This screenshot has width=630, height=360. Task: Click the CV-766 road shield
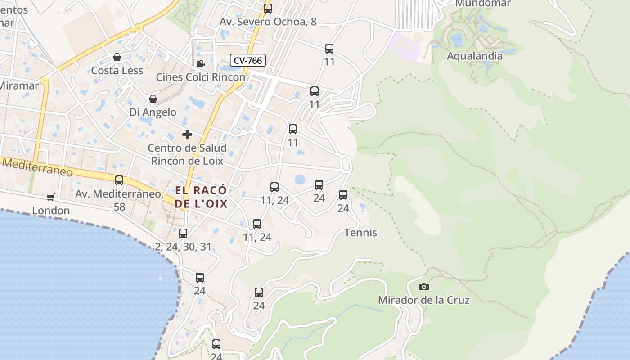pyautogui.click(x=248, y=60)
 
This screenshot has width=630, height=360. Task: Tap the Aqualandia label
pyautogui.click(x=474, y=56)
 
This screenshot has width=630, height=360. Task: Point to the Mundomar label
pyautogui.click(x=483, y=4)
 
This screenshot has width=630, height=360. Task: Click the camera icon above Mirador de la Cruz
pyautogui.click(x=423, y=287)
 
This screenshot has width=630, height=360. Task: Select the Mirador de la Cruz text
pyautogui.click(x=423, y=300)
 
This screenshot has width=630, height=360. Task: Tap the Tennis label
pyautogui.click(x=360, y=233)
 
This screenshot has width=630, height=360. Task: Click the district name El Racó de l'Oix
pyautogui.click(x=201, y=197)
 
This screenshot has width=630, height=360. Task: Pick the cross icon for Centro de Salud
pyautogui.click(x=187, y=135)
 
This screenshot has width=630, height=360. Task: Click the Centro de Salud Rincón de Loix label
pyautogui.click(x=187, y=154)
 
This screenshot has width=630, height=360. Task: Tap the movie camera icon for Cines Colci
pyautogui.click(x=200, y=64)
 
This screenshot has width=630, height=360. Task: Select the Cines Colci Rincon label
pyautogui.click(x=200, y=77)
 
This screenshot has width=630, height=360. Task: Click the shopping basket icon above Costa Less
pyautogui.click(x=117, y=57)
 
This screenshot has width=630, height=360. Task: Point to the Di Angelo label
pyautogui.click(x=153, y=112)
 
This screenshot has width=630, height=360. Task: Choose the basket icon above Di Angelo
pyautogui.click(x=153, y=99)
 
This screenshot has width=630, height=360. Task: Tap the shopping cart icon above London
pyautogui.click(x=51, y=197)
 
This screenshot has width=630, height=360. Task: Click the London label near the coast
pyautogui.click(x=51, y=211)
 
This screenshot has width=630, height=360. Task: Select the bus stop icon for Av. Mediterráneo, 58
pyautogui.click(x=119, y=180)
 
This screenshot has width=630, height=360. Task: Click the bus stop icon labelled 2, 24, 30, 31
pyautogui.click(x=183, y=234)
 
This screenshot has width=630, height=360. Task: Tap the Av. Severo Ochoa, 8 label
pyautogui.click(x=268, y=22)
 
